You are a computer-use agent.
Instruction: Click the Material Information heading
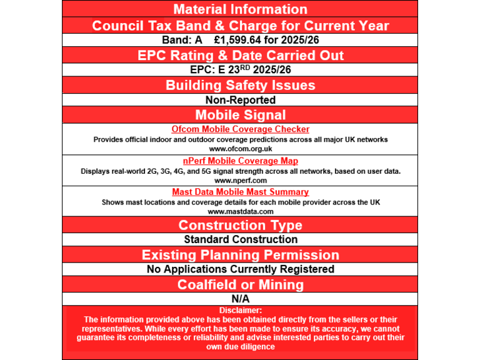[x=240, y=9]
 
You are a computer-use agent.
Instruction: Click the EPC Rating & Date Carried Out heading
[x=240, y=55]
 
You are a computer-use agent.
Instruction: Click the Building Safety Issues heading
[x=240, y=85]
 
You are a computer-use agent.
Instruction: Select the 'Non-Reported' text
[x=240, y=99]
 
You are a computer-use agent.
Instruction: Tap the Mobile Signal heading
[x=240, y=114]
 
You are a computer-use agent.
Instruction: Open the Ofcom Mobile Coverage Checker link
[x=240, y=129]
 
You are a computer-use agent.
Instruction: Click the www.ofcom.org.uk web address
[x=240, y=149]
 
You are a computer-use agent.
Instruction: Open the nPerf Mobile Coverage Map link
[x=240, y=161]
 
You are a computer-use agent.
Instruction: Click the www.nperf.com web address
[x=240, y=180]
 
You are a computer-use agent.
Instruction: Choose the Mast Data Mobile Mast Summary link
[x=240, y=192]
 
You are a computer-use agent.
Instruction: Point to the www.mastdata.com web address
[x=240, y=211]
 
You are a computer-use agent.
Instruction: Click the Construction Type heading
[x=240, y=225]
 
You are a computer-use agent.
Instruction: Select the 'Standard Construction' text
[x=240, y=239]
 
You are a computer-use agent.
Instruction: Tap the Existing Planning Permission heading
[x=240, y=255]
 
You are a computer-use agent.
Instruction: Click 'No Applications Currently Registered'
[x=240, y=269]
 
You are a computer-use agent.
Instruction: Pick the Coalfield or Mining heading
[x=240, y=284]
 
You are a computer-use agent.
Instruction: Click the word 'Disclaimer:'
[x=240, y=310]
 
